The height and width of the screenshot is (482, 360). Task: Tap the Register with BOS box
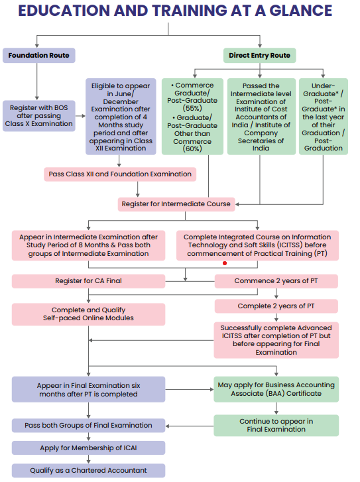38,114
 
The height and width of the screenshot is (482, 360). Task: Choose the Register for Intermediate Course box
176,204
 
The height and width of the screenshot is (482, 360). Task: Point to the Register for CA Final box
88,281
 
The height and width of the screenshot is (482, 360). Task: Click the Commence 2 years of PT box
276,281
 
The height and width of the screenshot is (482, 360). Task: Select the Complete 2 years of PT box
276,306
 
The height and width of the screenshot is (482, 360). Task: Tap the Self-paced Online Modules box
88,314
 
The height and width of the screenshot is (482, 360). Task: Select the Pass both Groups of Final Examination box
88,425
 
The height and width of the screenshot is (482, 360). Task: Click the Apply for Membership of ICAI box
88,448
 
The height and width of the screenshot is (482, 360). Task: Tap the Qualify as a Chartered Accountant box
88,470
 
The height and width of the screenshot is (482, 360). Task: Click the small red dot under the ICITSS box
225,263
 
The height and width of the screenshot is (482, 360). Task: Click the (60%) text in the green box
192,149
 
